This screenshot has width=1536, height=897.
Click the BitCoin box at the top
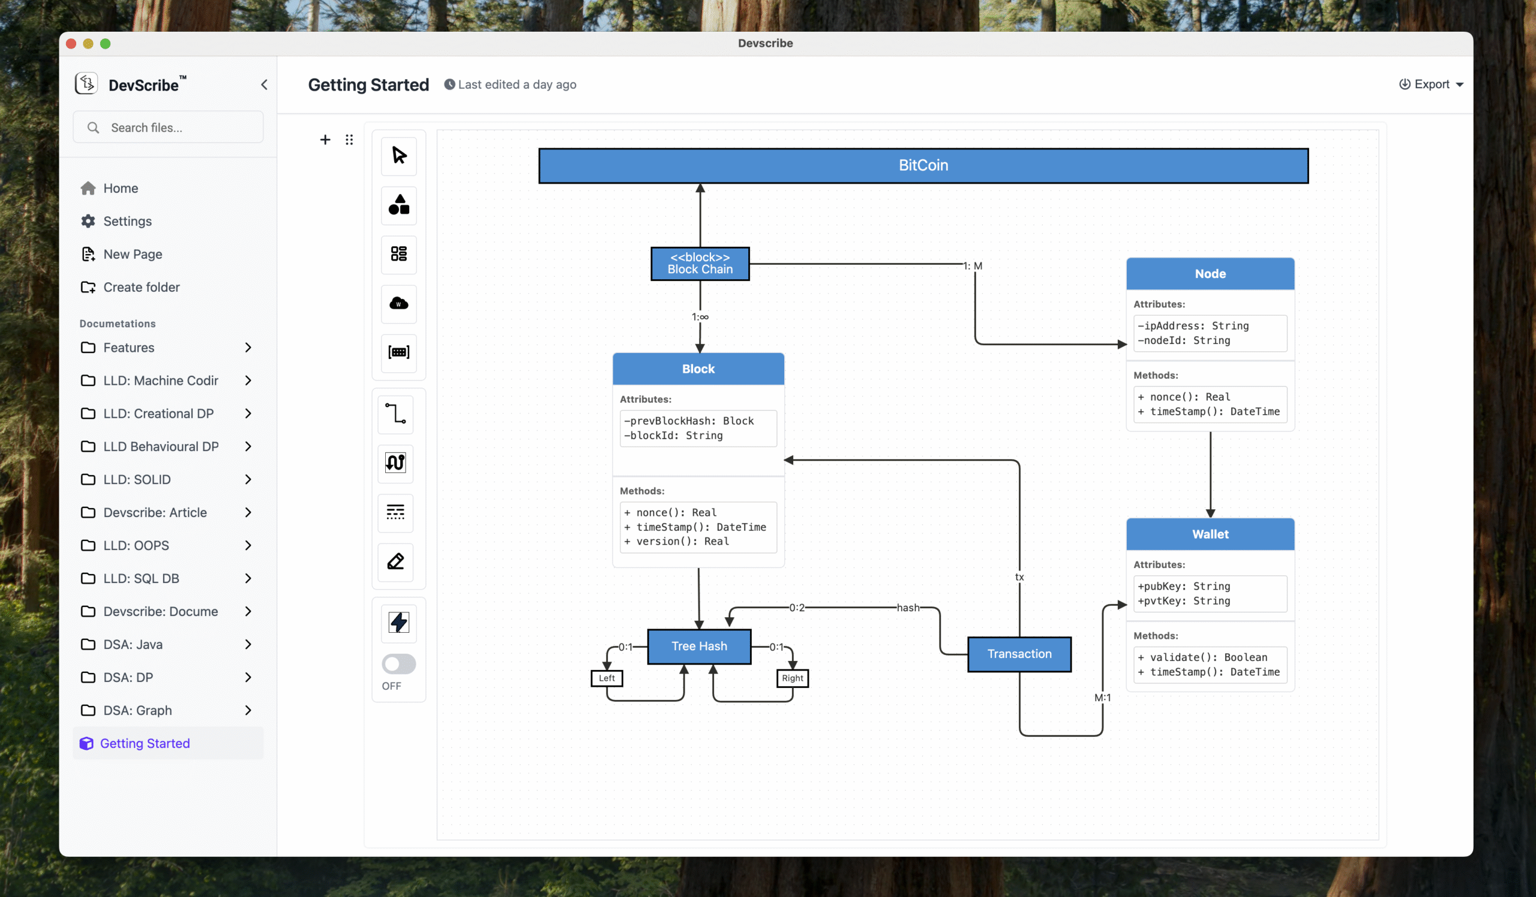(x=923, y=165)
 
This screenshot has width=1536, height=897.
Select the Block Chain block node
(x=700, y=264)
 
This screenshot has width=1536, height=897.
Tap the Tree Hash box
(x=699, y=646)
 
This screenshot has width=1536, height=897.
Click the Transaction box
(x=1019, y=654)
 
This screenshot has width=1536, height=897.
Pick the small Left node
(x=607, y=678)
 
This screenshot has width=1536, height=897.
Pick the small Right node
(x=793, y=678)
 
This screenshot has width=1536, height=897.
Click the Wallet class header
(x=1210, y=534)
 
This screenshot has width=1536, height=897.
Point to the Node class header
(x=1210, y=274)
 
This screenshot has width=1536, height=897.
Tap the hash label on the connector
(x=908, y=608)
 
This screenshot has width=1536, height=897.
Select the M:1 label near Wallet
(x=1102, y=698)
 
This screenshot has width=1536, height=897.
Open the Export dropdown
(x=1430, y=84)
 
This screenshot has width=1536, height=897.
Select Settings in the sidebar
(x=127, y=222)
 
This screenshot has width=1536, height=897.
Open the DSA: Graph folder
(x=138, y=710)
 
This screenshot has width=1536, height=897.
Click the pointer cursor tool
(x=398, y=156)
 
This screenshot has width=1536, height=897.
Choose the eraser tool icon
(x=395, y=561)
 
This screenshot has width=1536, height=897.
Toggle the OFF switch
(x=398, y=664)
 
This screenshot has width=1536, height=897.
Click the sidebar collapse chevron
(x=264, y=85)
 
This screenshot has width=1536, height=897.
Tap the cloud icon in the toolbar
(x=398, y=304)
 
